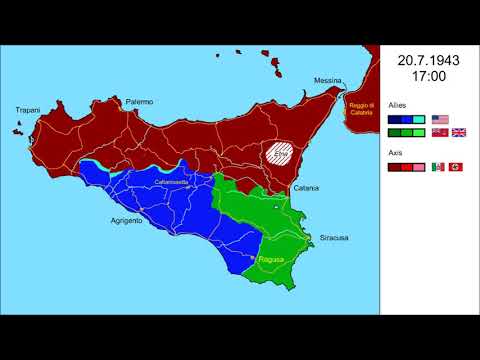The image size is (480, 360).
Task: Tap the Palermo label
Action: [x=138, y=101]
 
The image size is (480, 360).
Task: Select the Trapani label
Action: [x=27, y=110]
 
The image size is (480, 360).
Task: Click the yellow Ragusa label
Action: [x=271, y=260]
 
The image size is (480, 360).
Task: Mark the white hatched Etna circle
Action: [x=281, y=156]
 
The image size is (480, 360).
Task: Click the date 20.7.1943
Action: [x=428, y=60]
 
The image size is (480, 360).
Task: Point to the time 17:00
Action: [x=428, y=77]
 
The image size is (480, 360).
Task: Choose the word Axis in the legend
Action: [x=395, y=152]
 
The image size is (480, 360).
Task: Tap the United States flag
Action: [x=440, y=118]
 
